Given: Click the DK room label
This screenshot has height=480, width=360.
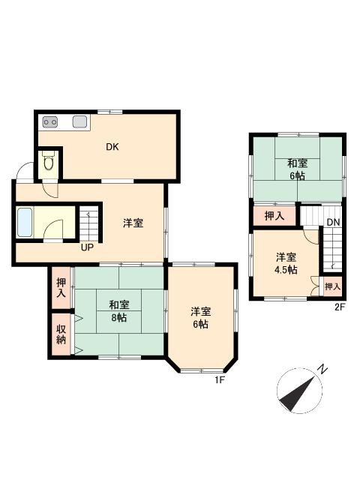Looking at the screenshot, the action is [112, 147].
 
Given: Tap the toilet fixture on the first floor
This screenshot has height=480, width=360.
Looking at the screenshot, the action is [48, 162].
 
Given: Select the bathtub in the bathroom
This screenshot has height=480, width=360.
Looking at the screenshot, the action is [25, 223].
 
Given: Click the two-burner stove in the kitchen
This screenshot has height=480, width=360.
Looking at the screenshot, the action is [50, 122].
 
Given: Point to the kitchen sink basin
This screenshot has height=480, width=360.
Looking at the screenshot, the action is [80, 121].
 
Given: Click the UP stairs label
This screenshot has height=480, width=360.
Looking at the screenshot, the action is [87, 247].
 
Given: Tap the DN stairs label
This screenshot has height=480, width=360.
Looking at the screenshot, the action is [333, 223].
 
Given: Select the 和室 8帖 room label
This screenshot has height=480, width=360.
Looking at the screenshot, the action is [119, 311].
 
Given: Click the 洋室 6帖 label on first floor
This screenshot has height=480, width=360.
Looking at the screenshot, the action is [200, 318].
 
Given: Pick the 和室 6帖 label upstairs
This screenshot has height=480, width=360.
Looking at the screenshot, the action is [297, 169].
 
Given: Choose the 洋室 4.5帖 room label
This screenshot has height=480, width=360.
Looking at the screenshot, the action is [286, 263].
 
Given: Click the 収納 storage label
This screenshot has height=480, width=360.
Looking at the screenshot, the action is [61, 334].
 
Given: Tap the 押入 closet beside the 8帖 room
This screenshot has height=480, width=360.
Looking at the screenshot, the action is [61, 288].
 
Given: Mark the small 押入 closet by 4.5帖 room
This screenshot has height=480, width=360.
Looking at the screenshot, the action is [332, 286].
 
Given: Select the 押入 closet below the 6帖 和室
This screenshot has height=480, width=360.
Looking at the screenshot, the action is [274, 216].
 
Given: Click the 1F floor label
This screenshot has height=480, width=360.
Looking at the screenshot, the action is [220, 380].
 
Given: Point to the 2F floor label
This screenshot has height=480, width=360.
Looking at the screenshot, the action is [340, 307].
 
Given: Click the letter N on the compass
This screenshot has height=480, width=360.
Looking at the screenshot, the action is [322, 370].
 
